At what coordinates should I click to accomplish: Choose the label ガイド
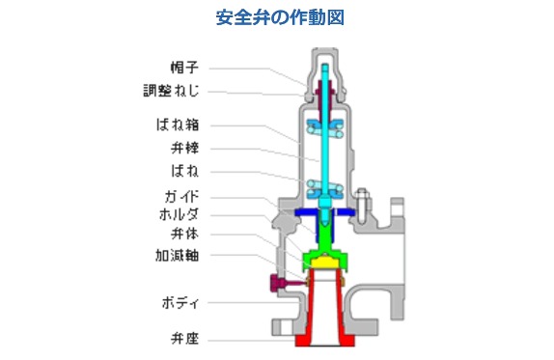[x=181, y=196]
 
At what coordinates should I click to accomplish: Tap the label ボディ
[x=181, y=303]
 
